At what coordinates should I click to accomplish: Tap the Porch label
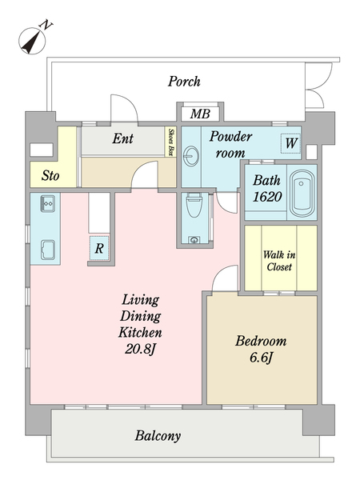[184, 82]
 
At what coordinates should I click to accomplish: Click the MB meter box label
[200, 114]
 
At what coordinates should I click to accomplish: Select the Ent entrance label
[122, 138]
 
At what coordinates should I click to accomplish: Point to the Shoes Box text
[171, 142]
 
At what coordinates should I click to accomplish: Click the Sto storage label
[50, 176]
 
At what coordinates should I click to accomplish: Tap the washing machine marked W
[290, 143]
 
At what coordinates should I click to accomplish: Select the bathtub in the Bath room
[302, 194]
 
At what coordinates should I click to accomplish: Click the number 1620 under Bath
[267, 197]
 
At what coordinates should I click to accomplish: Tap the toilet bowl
[194, 205]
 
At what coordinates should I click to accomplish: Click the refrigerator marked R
[99, 248]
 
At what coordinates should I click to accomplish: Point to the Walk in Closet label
[279, 261]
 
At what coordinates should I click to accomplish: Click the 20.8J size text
[141, 349]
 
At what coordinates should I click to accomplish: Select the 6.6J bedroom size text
[261, 358]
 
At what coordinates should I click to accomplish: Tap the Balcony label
[158, 436]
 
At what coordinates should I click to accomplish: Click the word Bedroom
[261, 341]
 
